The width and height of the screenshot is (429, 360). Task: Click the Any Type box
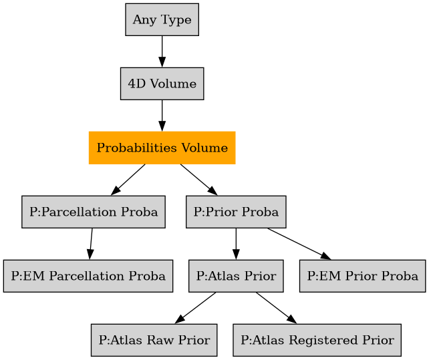pos(162,20)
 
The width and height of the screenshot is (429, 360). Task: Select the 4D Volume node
pos(162,84)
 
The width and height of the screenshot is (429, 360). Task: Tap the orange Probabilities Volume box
pos(162,148)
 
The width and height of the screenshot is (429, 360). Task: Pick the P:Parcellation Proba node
pos(94,212)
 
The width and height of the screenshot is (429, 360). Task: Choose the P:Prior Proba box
pos(236,212)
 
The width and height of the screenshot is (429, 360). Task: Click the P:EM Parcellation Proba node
pos(88,276)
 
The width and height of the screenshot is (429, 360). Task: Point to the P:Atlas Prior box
pos(236,276)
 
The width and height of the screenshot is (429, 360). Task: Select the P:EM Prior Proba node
pos(363,276)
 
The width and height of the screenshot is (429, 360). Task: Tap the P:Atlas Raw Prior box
pos(154,340)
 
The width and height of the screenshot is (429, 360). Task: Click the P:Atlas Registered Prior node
pos(317,340)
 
